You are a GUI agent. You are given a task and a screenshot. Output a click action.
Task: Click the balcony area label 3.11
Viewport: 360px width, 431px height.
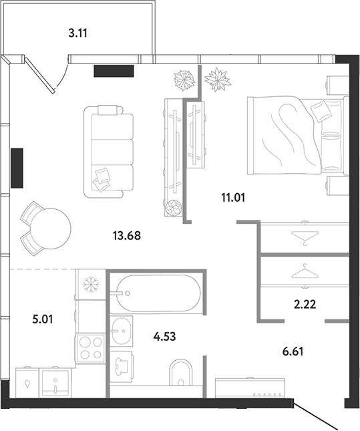click(77, 33)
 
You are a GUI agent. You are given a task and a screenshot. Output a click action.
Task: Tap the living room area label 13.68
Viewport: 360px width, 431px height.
click(127, 236)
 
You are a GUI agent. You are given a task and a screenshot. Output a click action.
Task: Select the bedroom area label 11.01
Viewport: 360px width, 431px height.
click(233, 197)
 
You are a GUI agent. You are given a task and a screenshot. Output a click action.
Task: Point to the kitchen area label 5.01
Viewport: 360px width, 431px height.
click(43, 319)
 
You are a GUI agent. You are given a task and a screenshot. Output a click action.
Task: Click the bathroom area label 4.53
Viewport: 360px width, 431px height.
click(164, 336)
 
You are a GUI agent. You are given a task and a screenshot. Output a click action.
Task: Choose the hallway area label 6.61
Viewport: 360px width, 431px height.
click(293, 351)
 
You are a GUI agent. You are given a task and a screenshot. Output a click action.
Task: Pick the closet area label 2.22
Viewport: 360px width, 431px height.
click(305, 304)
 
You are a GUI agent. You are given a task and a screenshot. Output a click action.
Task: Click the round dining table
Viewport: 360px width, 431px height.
click(51, 229)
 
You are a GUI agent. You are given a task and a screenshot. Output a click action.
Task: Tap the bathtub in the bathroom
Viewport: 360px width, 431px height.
click(158, 293)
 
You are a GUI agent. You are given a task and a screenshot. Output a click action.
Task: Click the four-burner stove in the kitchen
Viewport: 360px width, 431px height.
click(91, 348)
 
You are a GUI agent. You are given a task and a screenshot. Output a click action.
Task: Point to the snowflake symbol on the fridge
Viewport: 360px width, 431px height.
click(91, 285)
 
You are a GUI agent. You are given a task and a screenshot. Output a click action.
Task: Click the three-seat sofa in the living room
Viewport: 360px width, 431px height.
click(109, 152)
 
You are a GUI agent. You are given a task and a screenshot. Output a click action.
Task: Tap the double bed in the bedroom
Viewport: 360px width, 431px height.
click(298, 135)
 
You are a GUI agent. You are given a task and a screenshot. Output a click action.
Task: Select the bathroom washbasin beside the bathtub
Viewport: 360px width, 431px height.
click(122, 331)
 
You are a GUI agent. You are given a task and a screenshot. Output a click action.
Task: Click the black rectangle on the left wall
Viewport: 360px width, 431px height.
click(17, 168)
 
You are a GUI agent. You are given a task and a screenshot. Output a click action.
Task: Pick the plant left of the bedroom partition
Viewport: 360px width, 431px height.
click(184, 80)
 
